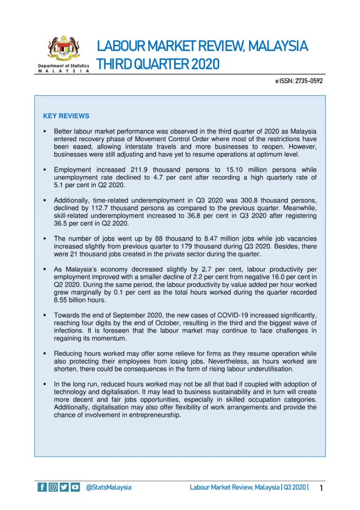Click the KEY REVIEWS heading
pyautogui.click(x=66, y=116)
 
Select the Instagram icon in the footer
pyautogui.click(x=53, y=487)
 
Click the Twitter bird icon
pyautogui.click(x=64, y=487)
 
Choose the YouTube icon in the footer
pyautogui.click(x=75, y=487)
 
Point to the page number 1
pyautogui.click(x=321, y=487)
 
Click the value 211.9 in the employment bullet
pyautogui.click(x=139, y=170)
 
